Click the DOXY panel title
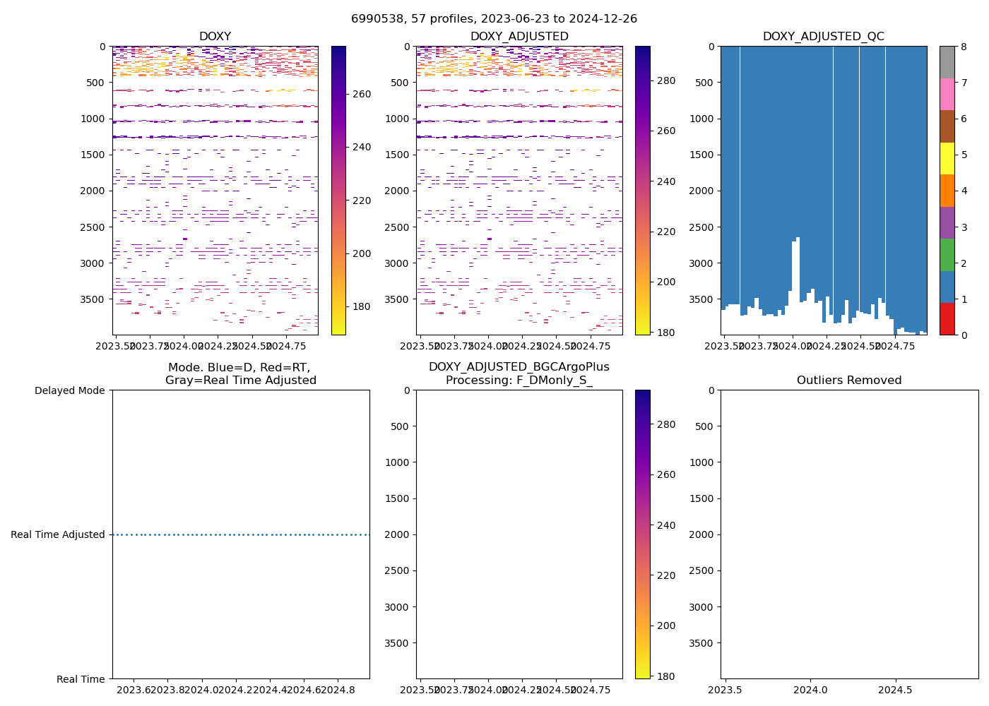click(x=215, y=37)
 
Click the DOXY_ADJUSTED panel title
click(x=519, y=37)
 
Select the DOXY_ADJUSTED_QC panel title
click(x=823, y=37)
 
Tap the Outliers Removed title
click(x=849, y=381)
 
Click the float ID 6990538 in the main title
click(x=375, y=19)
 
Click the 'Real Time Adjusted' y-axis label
click(x=58, y=534)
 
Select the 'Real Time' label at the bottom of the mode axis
click(x=81, y=679)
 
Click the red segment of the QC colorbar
click(x=947, y=319)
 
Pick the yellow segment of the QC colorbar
click(x=947, y=158)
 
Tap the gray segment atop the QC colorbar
click(x=947, y=62)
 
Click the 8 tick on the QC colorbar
click(x=963, y=47)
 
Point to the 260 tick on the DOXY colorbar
click(x=362, y=94)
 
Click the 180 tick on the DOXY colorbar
click(x=362, y=306)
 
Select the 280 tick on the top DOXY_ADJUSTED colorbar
click(x=665, y=80)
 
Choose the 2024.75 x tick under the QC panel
click(x=895, y=346)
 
